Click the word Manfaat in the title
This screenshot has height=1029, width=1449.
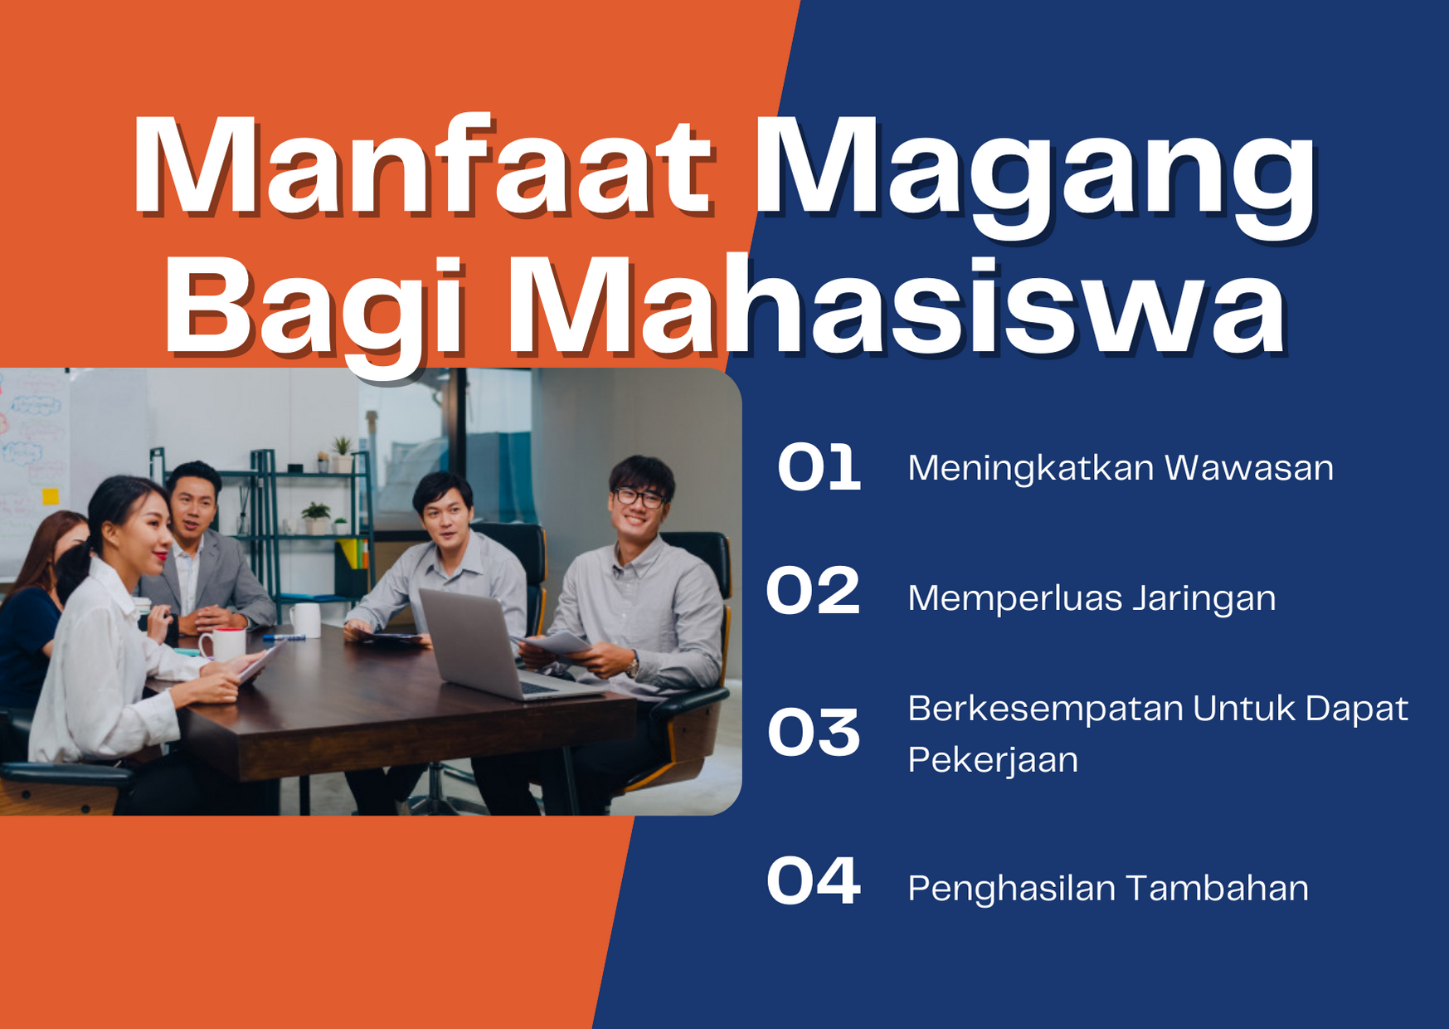[x=421, y=165]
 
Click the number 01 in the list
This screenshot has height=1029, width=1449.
[x=819, y=467]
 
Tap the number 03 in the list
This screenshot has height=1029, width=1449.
[x=814, y=733]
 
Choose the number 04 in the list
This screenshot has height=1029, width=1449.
[x=813, y=880]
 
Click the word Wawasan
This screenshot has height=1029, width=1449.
[x=1249, y=468]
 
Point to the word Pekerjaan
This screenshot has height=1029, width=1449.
[x=993, y=761]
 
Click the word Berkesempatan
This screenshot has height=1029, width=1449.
[x=1045, y=710]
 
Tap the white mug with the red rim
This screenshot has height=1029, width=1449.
[x=222, y=645]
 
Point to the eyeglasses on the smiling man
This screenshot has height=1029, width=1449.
[x=639, y=498]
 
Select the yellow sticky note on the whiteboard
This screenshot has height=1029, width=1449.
[x=51, y=496]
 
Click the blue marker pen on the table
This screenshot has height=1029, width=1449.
[x=284, y=637]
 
